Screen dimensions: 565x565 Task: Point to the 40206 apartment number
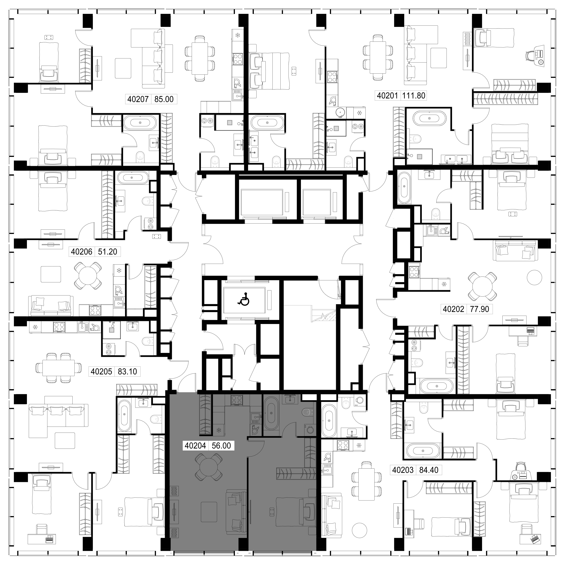point(82,252)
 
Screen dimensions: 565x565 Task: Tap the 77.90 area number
point(479,309)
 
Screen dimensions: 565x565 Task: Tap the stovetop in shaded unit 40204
point(237,400)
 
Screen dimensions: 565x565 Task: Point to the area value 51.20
point(108,252)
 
